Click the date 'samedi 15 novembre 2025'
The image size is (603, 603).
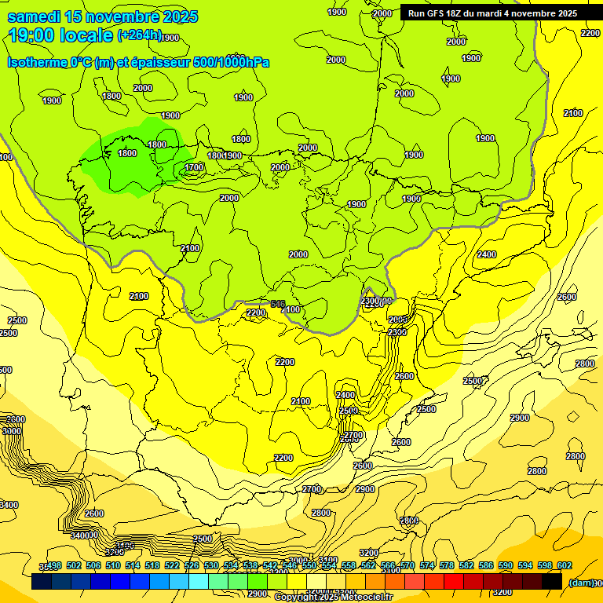click(x=102, y=16)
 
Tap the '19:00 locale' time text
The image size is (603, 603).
click(x=61, y=35)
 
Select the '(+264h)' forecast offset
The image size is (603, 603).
click(x=139, y=35)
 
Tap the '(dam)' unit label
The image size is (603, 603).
click(x=580, y=583)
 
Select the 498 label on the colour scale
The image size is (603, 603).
click(x=54, y=565)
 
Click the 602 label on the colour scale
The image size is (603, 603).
click(x=564, y=565)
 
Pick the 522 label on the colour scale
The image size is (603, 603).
click(x=172, y=565)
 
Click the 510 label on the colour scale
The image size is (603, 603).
click(x=113, y=565)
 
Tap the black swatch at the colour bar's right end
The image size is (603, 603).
click(x=552, y=582)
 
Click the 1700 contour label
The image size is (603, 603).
click(x=195, y=167)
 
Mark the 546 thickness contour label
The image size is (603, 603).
click(x=277, y=304)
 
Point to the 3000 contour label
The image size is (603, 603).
click(x=12, y=431)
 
